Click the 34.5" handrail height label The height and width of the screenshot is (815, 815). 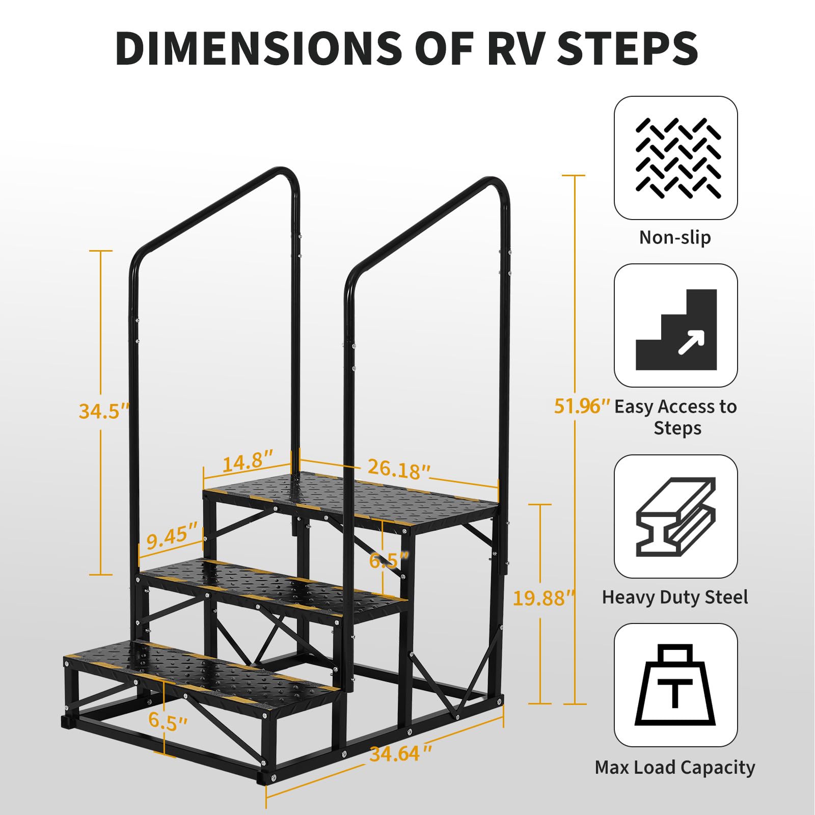click(104, 411)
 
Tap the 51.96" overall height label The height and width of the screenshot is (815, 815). click(582, 406)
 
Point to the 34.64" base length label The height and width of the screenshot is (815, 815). click(401, 753)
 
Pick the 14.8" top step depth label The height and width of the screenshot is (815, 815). click(249, 461)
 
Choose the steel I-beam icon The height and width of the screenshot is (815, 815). click(676, 517)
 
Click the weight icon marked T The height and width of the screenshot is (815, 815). click(675, 685)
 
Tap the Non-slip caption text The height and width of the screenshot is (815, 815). click(675, 237)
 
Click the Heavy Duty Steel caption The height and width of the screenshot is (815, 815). click(675, 597)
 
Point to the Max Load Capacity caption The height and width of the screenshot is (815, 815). click(675, 768)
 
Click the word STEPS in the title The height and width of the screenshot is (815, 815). click(628, 48)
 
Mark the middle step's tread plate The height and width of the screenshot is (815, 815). click(274, 586)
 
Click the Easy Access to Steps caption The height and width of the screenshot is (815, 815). click(676, 417)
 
